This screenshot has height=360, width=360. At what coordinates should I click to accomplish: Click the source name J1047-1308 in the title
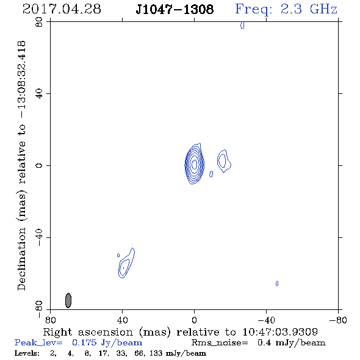pyautogui.click(x=175, y=9)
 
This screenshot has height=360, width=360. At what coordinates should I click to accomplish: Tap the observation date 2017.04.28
pyautogui.click(x=62, y=9)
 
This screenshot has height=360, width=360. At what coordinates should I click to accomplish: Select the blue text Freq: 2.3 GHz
pyautogui.click(x=286, y=10)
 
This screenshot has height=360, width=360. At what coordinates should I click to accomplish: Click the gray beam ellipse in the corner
pyautogui.click(x=68, y=300)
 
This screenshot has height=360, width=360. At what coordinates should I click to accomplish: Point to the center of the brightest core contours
pyautogui.click(x=194, y=164)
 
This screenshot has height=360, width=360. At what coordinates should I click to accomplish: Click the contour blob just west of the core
pyautogui.click(x=224, y=160)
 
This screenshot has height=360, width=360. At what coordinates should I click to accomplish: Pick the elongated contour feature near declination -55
pyautogui.click(x=126, y=263)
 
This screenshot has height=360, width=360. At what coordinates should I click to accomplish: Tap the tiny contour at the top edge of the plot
pyautogui.click(x=242, y=25)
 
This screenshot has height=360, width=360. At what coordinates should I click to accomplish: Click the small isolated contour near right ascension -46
pyautogui.click(x=277, y=284)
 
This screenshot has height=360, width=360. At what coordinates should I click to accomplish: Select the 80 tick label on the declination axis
pyautogui.click(x=39, y=22)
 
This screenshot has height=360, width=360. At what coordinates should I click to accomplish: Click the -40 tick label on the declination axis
pyautogui.click(x=39, y=237)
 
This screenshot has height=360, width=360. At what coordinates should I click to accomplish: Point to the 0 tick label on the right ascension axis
pyautogui.click(x=194, y=320)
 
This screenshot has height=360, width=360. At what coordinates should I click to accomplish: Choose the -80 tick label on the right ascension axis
pyautogui.click(x=338, y=320)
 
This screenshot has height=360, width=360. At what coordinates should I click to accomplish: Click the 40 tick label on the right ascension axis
pyautogui.click(x=123, y=320)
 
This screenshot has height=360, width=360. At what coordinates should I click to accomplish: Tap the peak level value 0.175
pyautogui.click(x=84, y=342)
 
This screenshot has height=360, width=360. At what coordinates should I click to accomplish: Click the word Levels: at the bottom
pyautogui.click(x=27, y=353)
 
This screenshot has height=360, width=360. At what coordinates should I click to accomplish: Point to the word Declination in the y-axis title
pyautogui.click(x=21, y=259)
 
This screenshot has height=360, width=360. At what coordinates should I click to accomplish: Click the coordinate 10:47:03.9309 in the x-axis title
pyautogui.click(x=280, y=332)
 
